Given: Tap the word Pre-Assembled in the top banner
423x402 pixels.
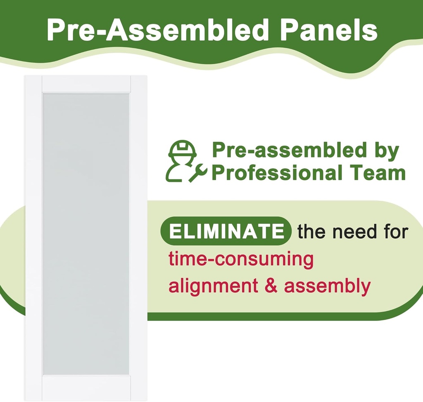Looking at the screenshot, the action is [157, 30].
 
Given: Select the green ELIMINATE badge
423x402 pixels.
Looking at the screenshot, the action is [226, 231].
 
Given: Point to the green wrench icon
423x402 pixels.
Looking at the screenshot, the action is [198, 173].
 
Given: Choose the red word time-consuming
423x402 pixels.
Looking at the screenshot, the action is [241, 259].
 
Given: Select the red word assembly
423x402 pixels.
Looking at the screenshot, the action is [327, 287].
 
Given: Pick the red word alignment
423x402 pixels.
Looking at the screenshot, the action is [213, 287].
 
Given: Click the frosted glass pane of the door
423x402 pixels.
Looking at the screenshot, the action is [86, 234].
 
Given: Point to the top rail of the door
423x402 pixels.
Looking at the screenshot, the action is [86, 84].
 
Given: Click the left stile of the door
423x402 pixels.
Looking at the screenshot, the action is [33, 238].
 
